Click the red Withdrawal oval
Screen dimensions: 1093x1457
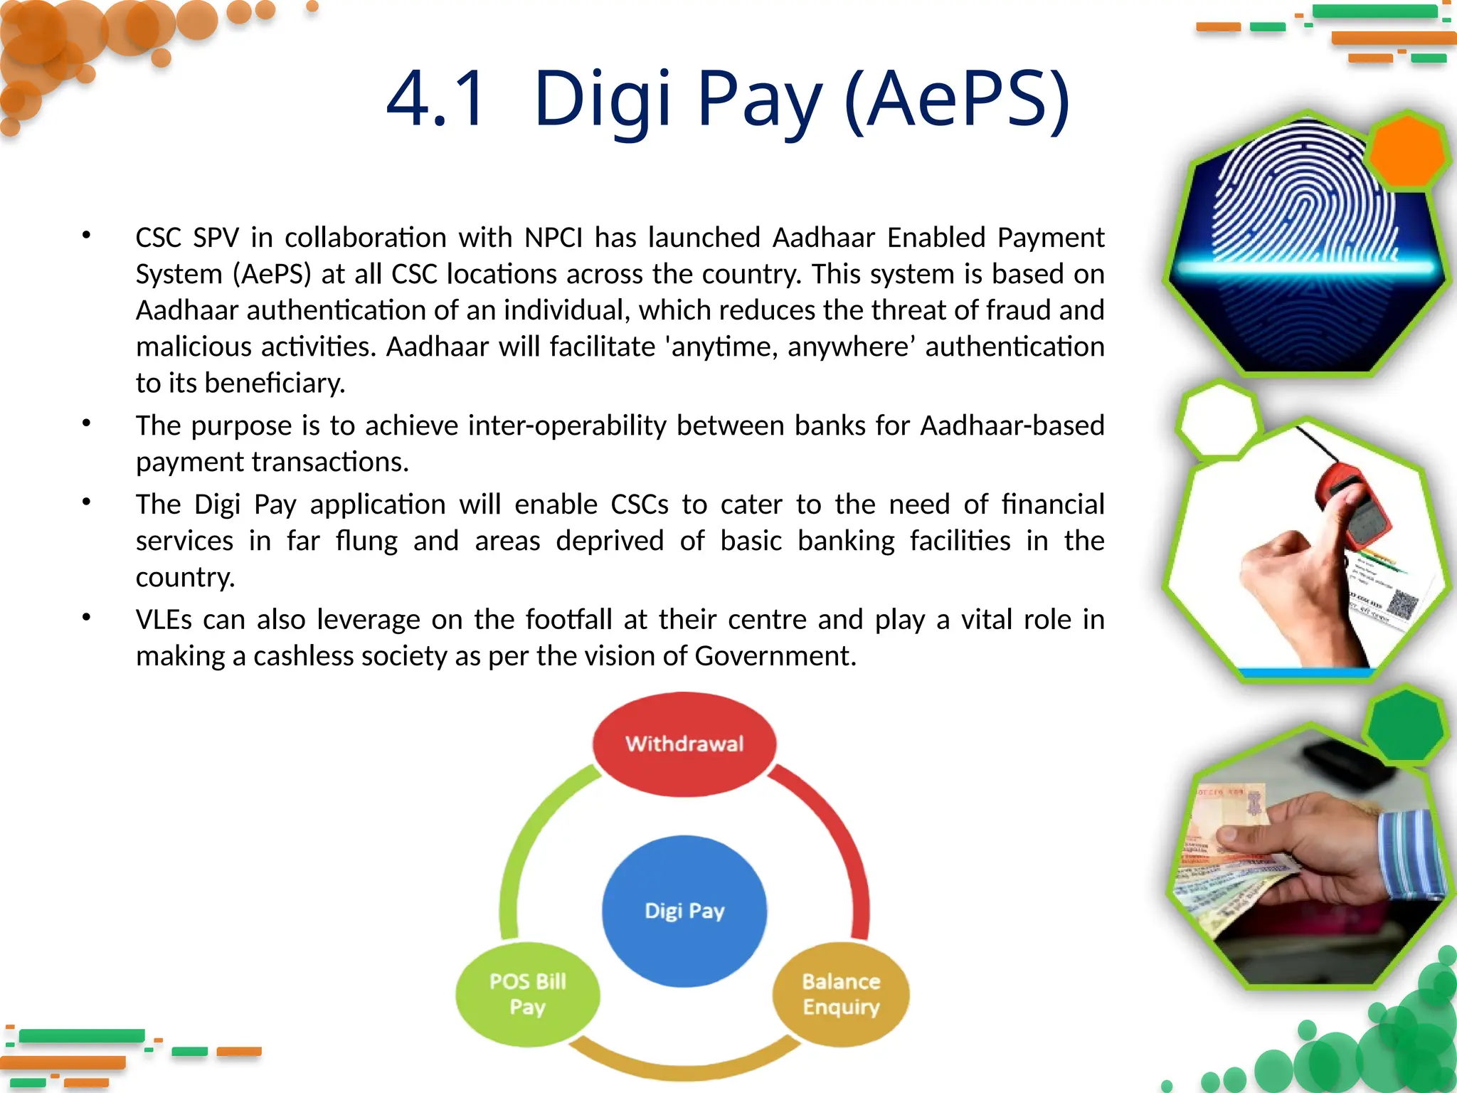pyautogui.click(x=684, y=744)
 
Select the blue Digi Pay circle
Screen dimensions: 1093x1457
pyautogui.click(x=684, y=910)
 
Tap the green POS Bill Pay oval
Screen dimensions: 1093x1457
pyautogui.click(x=527, y=994)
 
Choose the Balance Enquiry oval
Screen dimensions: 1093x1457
pyautogui.click(x=841, y=994)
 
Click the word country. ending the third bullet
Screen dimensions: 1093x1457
pyautogui.click(x=185, y=577)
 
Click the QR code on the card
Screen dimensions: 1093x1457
pyautogui.click(x=1401, y=606)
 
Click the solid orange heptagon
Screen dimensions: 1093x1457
pyautogui.click(x=1406, y=151)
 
